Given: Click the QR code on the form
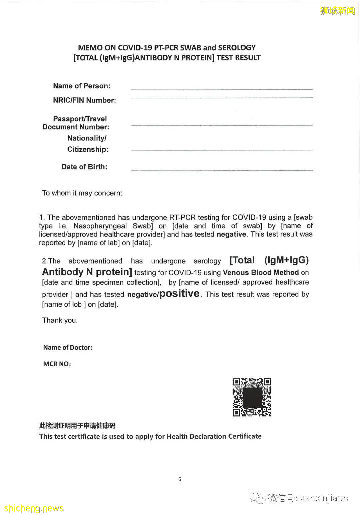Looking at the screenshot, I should click(x=252, y=397).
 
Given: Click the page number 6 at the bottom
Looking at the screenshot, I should click(x=180, y=479).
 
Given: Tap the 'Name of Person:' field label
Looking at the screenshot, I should click(x=82, y=86).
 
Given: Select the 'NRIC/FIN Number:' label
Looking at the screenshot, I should click(x=84, y=100).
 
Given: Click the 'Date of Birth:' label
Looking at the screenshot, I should click(x=84, y=167).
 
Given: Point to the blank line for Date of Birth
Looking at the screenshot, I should click(x=222, y=170).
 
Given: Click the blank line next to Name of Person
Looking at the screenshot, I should click(x=222, y=89).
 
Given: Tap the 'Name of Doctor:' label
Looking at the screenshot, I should click(x=68, y=348).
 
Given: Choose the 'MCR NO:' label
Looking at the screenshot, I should click(x=57, y=364).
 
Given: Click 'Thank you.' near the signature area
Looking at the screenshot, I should click(x=60, y=321).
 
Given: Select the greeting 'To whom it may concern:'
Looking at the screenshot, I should click(x=82, y=193).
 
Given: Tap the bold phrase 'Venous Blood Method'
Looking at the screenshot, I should click(x=261, y=273).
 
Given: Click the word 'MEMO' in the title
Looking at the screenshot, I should click(x=90, y=48).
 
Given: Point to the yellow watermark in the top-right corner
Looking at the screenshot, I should click(x=337, y=11).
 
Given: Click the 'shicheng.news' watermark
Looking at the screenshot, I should click(x=34, y=508).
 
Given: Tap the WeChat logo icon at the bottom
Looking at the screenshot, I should click(x=258, y=498).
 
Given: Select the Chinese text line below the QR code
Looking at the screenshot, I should click(x=77, y=426).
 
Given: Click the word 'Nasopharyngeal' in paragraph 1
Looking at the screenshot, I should click(x=100, y=226).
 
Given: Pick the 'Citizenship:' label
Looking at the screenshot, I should click(x=88, y=149).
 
